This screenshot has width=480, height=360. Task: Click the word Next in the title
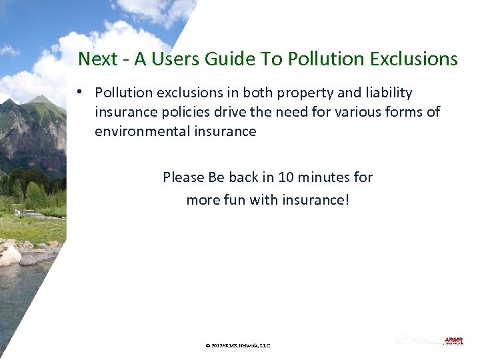(x=97, y=59)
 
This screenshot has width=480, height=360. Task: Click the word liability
(x=386, y=93)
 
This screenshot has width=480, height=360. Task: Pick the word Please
(x=183, y=177)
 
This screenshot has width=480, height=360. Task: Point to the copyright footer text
(x=238, y=345)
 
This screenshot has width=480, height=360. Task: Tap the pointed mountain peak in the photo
(x=41, y=99)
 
